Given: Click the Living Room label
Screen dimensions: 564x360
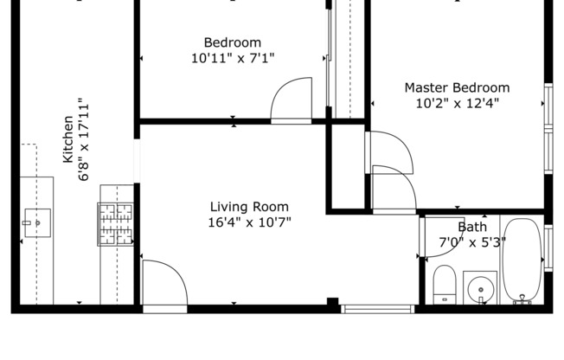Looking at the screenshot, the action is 249,207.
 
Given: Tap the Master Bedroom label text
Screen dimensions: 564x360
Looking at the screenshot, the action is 458,88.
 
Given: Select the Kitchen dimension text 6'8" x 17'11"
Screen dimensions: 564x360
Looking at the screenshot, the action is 84,139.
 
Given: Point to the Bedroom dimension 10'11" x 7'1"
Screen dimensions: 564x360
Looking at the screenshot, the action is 233,58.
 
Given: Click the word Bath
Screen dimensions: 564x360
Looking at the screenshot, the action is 472,227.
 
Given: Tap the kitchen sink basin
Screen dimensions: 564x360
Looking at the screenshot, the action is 37,223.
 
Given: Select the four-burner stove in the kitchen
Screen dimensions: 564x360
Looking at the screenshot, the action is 115,224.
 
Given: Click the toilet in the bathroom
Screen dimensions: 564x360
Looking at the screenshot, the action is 445,285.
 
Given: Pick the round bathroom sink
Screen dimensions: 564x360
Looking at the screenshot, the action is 481,289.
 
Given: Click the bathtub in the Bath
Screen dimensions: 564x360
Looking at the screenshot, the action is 522,260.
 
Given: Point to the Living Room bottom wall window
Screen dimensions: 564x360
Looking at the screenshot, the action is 378,309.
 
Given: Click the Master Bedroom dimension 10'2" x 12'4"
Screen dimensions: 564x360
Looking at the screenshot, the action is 458,104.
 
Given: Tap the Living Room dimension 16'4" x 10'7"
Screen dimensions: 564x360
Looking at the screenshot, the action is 250,222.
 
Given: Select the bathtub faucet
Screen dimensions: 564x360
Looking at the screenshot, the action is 522,299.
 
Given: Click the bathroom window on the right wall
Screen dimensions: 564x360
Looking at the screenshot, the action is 548,248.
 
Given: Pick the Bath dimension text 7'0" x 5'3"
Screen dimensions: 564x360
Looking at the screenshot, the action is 472,242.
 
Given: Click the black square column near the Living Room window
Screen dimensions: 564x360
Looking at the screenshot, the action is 333,302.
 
